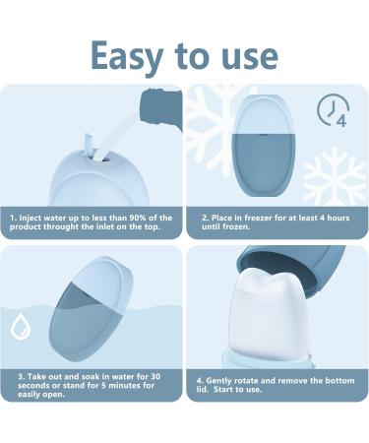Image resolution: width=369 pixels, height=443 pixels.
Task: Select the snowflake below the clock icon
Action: (x=336, y=175)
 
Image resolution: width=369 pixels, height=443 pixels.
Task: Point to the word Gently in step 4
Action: (x=223, y=379)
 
